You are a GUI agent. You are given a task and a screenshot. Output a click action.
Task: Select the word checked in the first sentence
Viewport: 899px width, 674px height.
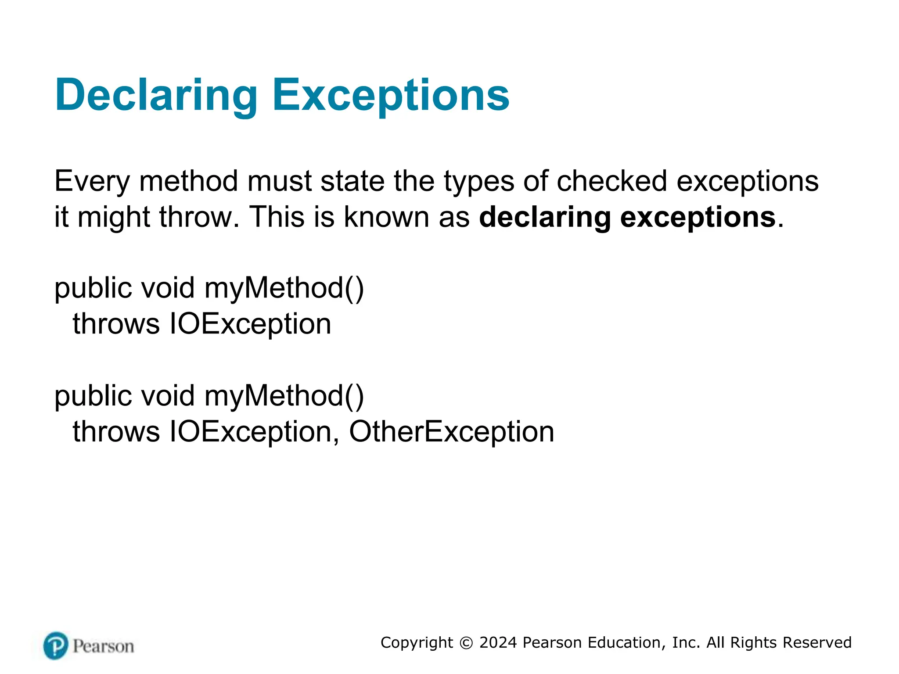612,181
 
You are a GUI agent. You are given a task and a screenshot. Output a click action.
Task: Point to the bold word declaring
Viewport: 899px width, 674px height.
544,217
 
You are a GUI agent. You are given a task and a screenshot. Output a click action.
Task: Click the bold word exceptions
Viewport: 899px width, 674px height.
698,217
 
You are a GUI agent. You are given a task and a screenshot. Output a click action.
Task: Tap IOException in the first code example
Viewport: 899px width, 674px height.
250,324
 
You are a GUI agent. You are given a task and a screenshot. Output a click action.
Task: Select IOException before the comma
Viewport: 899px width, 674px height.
250,432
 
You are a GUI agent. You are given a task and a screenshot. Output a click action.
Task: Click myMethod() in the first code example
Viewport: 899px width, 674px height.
284,288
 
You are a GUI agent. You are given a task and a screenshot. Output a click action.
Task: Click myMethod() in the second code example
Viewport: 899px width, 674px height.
284,396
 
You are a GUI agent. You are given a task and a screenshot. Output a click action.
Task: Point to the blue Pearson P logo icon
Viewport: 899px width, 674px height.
56,645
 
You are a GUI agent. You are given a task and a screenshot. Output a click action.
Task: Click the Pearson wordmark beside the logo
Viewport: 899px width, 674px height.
103,646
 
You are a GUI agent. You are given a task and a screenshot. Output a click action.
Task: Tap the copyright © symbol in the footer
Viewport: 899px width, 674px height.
466,643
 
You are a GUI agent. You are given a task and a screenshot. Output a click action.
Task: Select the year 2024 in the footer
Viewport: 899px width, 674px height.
498,643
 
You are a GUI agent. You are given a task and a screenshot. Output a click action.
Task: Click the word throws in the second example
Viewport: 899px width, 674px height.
116,432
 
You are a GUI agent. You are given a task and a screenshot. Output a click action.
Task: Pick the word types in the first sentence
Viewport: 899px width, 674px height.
479,181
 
